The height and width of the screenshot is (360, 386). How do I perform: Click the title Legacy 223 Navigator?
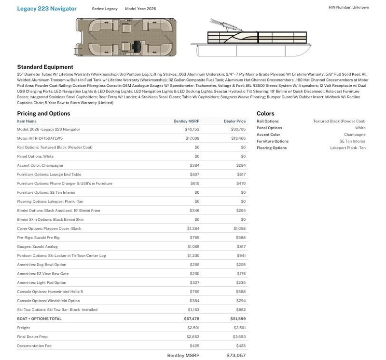(x=47, y=9)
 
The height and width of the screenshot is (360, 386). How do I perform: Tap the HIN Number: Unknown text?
(x=348, y=7)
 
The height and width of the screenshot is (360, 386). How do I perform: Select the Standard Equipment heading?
(x=45, y=67)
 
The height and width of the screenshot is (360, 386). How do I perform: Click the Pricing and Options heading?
(x=43, y=114)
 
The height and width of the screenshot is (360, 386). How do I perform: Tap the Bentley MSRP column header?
(x=186, y=121)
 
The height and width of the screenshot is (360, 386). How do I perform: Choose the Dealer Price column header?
(x=234, y=121)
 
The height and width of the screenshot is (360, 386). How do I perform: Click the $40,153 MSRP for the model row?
(x=192, y=130)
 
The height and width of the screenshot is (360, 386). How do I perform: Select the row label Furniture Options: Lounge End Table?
(x=49, y=174)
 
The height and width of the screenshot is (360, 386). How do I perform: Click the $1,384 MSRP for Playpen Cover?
(x=193, y=228)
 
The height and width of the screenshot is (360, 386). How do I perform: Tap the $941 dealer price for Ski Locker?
(x=241, y=255)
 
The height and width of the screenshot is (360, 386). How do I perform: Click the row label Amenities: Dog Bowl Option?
(x=41, y=265)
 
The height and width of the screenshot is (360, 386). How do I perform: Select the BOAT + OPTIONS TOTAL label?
(x=39, y=319)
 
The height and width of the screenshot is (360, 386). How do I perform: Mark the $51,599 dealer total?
(x=238, y=319)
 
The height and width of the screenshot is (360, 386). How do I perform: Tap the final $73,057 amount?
(x=235, y=355)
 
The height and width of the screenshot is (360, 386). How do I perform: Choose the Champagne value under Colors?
(x=355, y=135)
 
